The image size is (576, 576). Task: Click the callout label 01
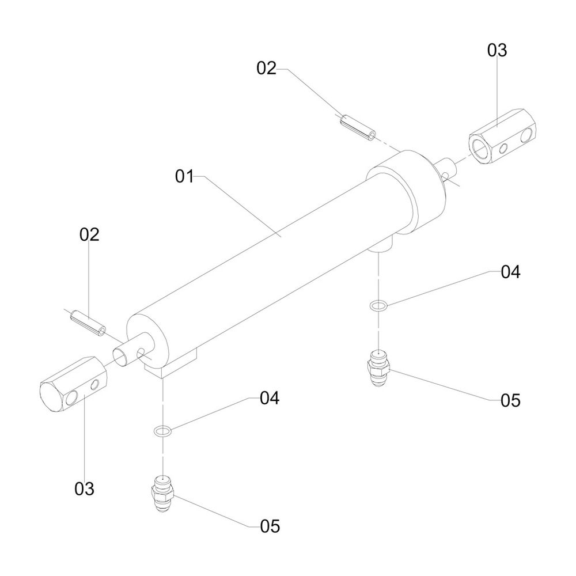pyautogui.click(x=184, y=176)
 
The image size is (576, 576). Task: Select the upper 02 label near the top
pyautogui.click(x=266, y=69)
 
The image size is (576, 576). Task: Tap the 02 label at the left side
pyautogui.click(x=89, y=234)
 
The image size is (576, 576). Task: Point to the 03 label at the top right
pyautogui.click(x=497, y=50)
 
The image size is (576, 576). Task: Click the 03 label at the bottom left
pyautogui.click(x=84, y=489)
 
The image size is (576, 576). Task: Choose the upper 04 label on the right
pyautogui.click(x=510, y=272)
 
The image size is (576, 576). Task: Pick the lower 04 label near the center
pyautogui.click(x=269, y=398)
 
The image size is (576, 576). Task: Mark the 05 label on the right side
pyautogui.click(x=510, y=400)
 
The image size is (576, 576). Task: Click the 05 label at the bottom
pyautogui.click(x=270, y=526)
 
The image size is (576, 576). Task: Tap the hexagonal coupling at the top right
pyautogui.click(x=502, y=137)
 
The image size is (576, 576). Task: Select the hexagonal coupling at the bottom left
pyautogui.click(x=74, y=384)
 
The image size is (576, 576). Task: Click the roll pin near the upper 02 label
pyautogui.click(x=358, y=128)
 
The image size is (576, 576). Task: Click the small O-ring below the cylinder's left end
pyautogui.click(x=162, y=430)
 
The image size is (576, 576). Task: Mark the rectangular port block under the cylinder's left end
pyautogui.click(x=171, y=363)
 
